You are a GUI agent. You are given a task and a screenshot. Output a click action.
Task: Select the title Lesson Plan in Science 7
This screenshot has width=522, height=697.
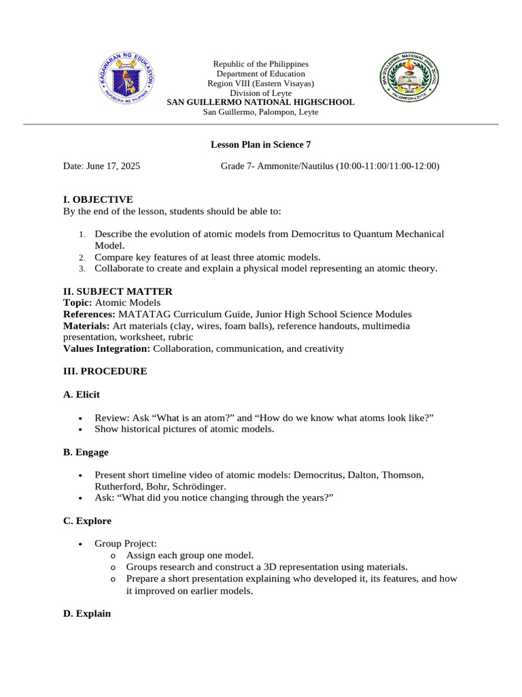click(260, 144)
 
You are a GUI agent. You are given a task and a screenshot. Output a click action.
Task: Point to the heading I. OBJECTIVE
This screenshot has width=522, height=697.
click(98, 199)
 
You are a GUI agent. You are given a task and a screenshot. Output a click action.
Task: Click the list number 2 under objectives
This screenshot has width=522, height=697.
click(81, 257)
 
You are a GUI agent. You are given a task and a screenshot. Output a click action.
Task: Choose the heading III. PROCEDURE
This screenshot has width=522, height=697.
click(105, 372)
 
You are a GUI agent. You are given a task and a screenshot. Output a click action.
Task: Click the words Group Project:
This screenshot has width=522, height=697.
click(126, 544)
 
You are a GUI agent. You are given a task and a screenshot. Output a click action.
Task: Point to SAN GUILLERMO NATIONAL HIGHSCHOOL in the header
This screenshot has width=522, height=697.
click(260, 102)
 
